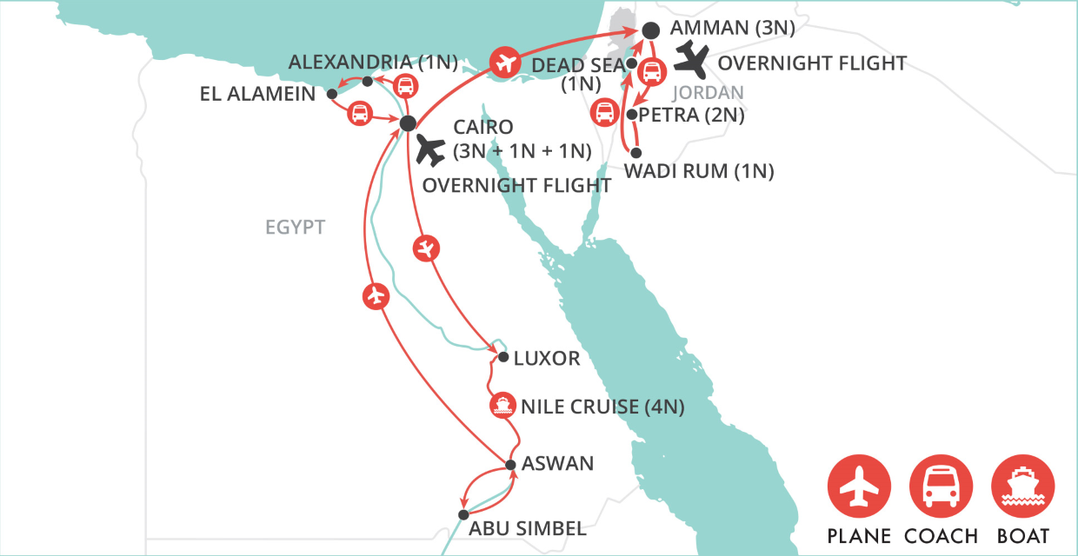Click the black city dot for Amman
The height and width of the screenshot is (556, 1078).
pyautogui.click(x=650, y=30)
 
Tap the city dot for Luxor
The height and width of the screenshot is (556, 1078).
pyautogui.click(x=502, y=357)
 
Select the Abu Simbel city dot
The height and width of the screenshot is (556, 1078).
pyautogui.click(x=463, y=514)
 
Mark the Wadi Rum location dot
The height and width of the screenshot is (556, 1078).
pyautogui.click(x=635, y=152)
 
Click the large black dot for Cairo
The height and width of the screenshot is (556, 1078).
pyautogui.click(x=408, y=124)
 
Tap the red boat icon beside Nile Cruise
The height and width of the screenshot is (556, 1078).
pyautogui.click(x=501, y=405)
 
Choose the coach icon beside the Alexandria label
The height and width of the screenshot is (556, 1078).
pyautogui.click(x=405, y=85)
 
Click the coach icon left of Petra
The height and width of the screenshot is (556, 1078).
pyautogui.click(x=603, y=112)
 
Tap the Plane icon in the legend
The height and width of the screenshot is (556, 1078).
pyautogui.click(x=859, y=486)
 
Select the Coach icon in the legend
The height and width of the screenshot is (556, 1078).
pyautogui.click(x=941, y=486)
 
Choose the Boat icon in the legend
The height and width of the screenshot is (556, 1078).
pyautogui.click(x=1023, y=486)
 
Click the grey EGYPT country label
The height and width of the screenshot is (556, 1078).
pyautogui.click(x=296, y=228)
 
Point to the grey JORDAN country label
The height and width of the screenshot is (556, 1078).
pyautogui.click(x=709, y=93)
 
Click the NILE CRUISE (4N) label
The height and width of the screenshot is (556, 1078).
pyautogui.click(x=602, y=406)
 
